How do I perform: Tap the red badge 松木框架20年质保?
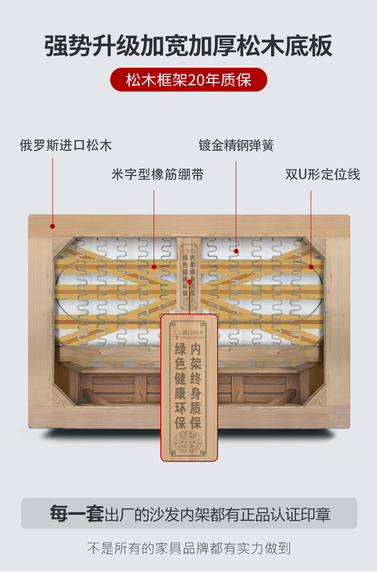tap(188, 80)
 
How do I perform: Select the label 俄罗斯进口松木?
tap(66, 145)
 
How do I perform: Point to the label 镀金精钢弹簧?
tap(236, 145)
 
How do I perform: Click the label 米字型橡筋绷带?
tap(157, 174)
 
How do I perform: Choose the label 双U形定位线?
tap(323, 174)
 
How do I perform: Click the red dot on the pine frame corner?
tap(52, 227)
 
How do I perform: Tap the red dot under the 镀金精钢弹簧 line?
tap(236, 250)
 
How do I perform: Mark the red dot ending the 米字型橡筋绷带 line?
tap(154, 267)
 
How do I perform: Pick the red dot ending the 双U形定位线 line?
tap(311, 267)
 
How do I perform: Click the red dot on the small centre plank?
tap(189, 281)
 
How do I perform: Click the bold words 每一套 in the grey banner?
tap(77, 513)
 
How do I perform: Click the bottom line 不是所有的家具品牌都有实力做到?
tap(188, 548)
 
